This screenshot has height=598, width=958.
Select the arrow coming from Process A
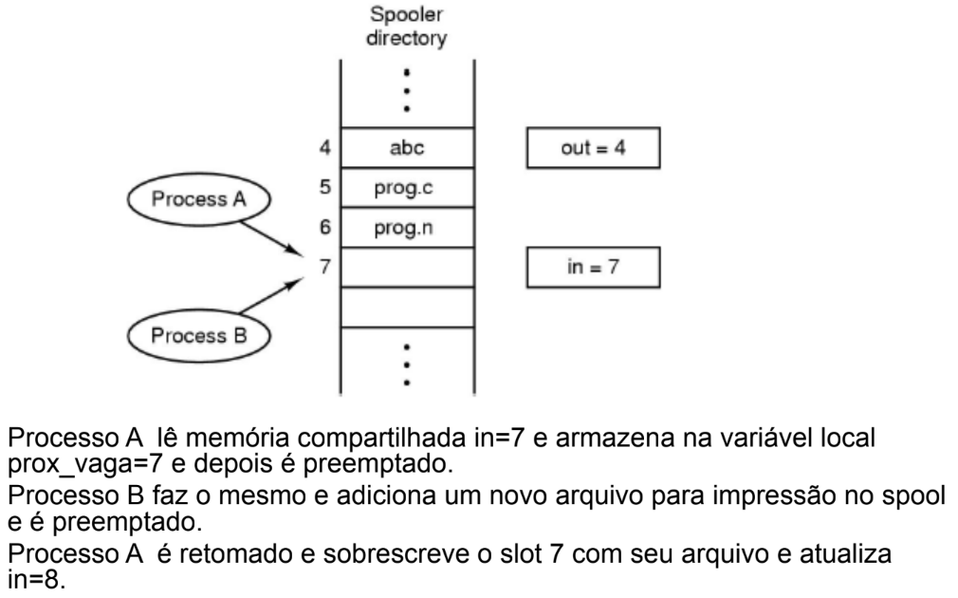[x=271, y=238]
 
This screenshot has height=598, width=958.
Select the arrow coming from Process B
[x=271, y=295]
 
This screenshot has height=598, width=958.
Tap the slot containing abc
[x=408, y=147]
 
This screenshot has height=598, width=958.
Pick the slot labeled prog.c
[x=408, y=188]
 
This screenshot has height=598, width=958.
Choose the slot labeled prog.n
[x=408, y=228]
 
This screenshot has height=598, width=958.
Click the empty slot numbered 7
[x=408, y=268]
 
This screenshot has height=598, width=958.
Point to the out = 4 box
[x=593, y=147]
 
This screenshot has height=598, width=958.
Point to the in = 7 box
[x=593, y=268]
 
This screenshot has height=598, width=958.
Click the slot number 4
[x=325, y=147]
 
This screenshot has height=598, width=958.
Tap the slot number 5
[x=325, y=187]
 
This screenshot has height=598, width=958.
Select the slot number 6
[x=325, y=227]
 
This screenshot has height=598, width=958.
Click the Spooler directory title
[x=406, y=26]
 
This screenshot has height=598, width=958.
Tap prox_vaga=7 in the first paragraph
[x=85, y=465]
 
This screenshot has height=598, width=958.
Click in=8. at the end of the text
[x=36, y=579]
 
